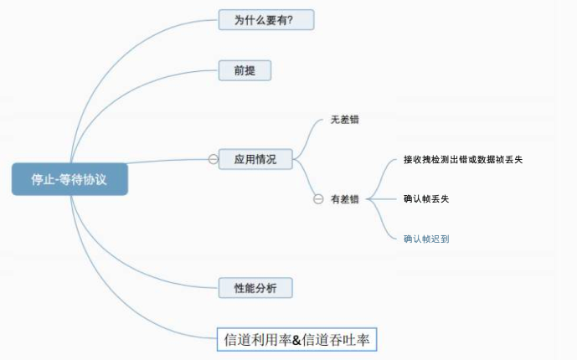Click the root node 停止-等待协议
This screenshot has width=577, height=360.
pyautogui.click(x=70, y=179)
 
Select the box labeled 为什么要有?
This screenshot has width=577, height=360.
pyautogui.click(x=259, y=20)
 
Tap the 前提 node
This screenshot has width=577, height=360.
pyautogui.click(x=245, y=70)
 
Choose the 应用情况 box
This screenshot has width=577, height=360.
pyautogui.click(x=255, y=158)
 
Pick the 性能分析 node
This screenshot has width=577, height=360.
pyautogui.click(x=255, y=289)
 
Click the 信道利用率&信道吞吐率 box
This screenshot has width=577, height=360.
pyautogui.click(x=299, y=339)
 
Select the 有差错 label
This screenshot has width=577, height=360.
pyautogui.click(x=344, y=199)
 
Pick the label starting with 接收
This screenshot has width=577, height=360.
pyautogui.click(x=462, y=158)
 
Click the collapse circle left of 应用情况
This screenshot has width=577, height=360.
pyautogui.click(x=214, y=158)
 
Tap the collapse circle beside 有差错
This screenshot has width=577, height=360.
pyautogui.click(x=318, y=199)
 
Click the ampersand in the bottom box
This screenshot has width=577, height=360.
pyautogui.click(x=296, y=340)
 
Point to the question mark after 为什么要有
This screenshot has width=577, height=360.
pyautogui.click(x=290, y=20)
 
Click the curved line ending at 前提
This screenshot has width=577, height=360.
pyautogui.click(x=134, y=92)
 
